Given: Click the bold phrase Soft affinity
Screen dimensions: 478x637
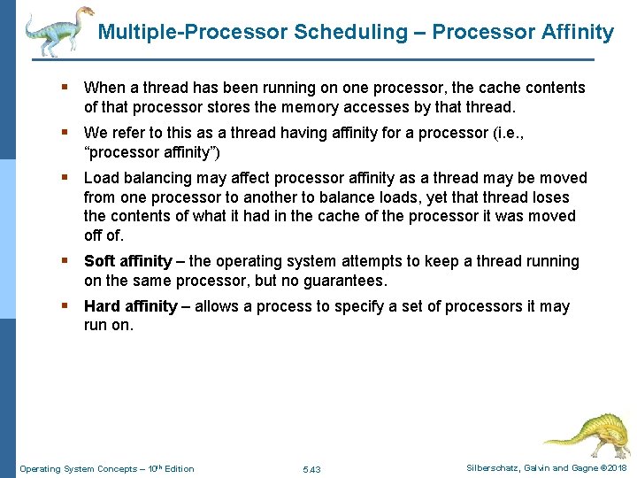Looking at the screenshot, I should click(127, 261).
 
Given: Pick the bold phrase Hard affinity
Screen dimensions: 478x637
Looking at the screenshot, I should click(130, 306).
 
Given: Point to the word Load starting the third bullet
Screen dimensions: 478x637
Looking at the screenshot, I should click(101, 178).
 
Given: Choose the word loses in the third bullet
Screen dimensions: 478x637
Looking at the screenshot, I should click(549, 197).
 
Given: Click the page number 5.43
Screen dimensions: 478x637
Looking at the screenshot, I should click(311, 468).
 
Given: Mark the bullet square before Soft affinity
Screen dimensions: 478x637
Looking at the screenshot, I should click(65, 261).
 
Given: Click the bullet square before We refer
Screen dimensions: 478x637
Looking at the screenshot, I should click(65, 133).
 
